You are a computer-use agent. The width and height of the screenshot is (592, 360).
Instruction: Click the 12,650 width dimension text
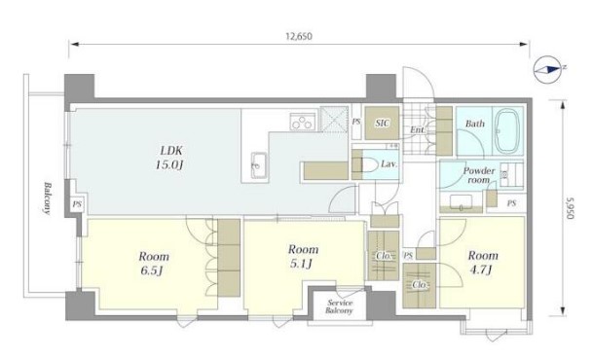pos(299,36)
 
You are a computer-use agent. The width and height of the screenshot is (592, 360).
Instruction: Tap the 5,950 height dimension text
pos(570,208)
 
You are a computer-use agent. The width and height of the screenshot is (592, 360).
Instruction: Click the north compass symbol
pos(548,69)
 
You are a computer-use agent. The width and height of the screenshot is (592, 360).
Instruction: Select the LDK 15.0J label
pos(170,158)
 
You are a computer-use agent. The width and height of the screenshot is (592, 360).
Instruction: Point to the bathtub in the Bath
pos(507,130)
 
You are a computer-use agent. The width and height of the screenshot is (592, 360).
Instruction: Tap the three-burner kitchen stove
pos(303,122)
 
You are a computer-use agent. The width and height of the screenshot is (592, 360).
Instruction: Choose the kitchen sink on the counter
pos(259,165)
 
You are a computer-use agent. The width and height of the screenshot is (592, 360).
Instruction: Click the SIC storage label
pos(382,123)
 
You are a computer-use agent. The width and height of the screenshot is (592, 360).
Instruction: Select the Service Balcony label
pos(339,306)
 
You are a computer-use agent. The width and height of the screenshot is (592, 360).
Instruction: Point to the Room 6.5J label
pos(153,264)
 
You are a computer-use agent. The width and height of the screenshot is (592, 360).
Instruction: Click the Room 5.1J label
pos(303,256)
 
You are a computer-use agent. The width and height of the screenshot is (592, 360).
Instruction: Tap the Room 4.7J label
pos(483,262)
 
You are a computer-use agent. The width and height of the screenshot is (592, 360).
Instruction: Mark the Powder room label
pos(479,175)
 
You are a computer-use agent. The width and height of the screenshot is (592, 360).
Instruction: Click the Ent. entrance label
pos(417,129)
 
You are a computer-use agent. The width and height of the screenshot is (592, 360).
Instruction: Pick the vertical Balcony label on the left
pos(48,198)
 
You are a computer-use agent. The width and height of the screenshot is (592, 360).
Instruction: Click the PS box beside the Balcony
pos(77,204)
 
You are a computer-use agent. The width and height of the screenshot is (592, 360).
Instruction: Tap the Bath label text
pos(474,124)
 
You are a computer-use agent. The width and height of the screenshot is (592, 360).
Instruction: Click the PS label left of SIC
pos(356,122)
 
